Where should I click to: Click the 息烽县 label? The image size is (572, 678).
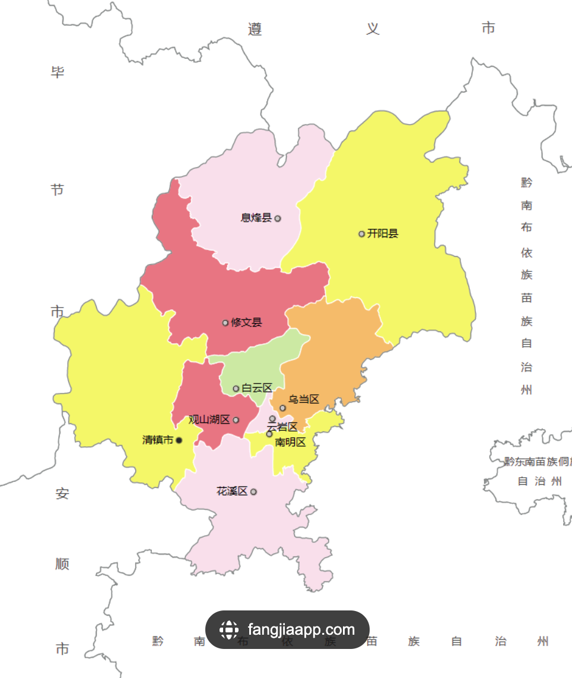coord(256,218)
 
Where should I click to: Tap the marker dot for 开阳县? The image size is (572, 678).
coord(361,234)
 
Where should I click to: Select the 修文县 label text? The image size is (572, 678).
coord(247,323)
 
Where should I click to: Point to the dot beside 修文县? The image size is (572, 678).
coord(225,323)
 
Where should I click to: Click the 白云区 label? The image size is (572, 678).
coord(257,388)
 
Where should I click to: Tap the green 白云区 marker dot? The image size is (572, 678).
coord(236,389)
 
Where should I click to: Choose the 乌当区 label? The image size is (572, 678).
coord(304,399)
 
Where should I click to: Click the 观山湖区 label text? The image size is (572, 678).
coord(209,420)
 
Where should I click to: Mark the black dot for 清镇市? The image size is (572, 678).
coord(179,440)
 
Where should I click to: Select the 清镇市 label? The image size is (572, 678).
coord(158,440)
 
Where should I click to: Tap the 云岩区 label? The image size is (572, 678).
coord(282,427)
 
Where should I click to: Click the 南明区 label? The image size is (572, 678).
coord(290,442)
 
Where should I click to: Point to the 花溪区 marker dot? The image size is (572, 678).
coord(254,492)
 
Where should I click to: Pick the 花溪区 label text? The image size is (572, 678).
coord(232,491)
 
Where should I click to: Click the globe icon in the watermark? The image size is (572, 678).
coord(229,629)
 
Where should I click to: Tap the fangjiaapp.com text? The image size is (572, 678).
coord(301,629)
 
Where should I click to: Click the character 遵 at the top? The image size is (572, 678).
coord(255,29)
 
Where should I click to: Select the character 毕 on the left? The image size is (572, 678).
coord(58,73)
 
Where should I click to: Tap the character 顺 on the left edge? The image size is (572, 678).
coord(62,564)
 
